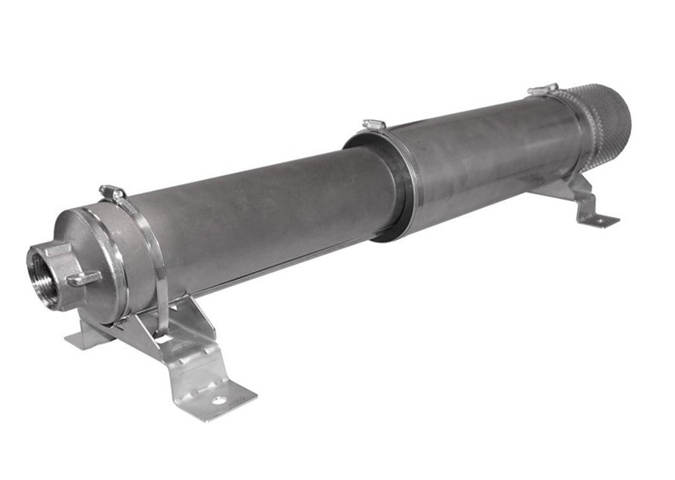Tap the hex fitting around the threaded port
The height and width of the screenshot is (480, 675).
click(59, 257)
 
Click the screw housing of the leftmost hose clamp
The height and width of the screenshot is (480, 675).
click(112, 192)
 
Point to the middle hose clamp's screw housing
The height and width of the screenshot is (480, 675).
click(375, 125)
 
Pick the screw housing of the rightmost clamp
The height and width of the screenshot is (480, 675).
click(542, 90)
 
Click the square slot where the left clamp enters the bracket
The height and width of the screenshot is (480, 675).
click(162, 335)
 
